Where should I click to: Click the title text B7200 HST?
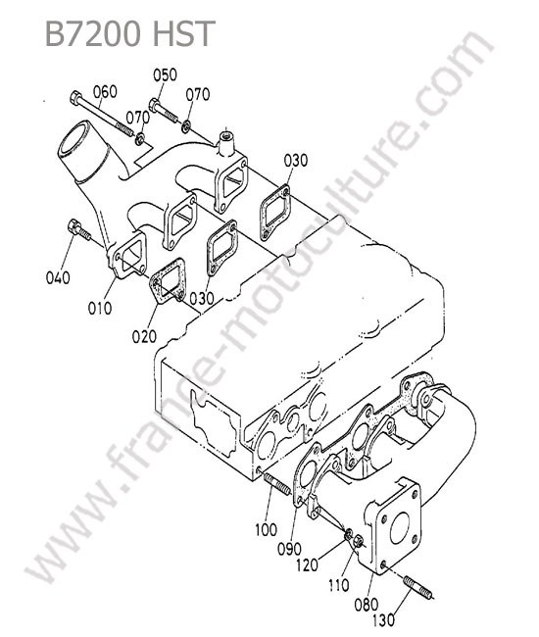tap(129, 33)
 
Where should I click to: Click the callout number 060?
tap(105, 92)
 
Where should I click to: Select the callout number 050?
tap(165, 74)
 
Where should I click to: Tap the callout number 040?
tap(58, 278)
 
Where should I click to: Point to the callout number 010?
tap(100, 308)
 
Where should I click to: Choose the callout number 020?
tap(144, 336)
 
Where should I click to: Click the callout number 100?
tap(266, 529)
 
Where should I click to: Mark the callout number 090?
tap(290, 549)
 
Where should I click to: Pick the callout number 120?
tap(307, 564)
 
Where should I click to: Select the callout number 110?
tap(338, 585)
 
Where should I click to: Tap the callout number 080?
tap(366, 605)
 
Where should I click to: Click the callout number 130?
tap(383, 620)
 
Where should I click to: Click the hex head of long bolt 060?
tap(76, 98)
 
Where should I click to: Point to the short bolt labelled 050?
tap(164, 110)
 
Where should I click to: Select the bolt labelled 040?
tap(79, 230)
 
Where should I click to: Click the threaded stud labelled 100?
tap(277, 484)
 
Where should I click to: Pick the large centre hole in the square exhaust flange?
tap(400, 527)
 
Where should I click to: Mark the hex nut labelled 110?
tap(359, 542)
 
